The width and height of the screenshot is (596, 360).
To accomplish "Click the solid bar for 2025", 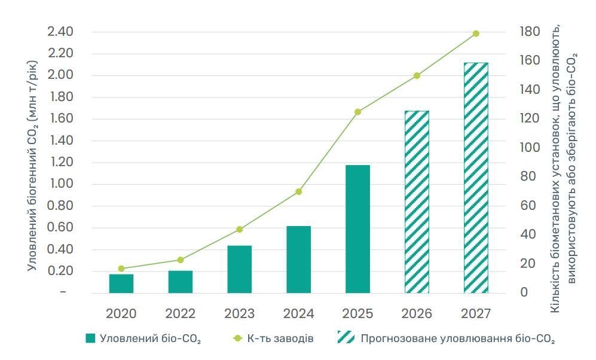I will click(x=357, y=229).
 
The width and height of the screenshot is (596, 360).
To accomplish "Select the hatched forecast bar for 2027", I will click(x=476, y=178).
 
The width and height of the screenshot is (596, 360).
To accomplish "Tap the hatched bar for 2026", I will click(x=417, y=202).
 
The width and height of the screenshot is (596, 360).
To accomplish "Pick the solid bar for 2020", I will click(x=121, y=283).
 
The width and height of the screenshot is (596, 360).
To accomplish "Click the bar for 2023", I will click(x=239, y=269).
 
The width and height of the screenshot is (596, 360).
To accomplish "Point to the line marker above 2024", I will click(x=298, y=192).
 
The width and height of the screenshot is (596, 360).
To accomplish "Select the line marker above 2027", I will click(x=476, y=33).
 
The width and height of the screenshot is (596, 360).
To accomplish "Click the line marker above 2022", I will click(x=181, y=260).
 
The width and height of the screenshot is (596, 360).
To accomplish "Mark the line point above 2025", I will click(x=357, y=112).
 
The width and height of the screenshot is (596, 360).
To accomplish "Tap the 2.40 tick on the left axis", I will click(x=60, y=32).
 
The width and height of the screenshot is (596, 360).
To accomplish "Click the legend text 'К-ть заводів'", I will click(x=280, y=339).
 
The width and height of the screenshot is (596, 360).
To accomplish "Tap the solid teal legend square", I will click(x=90, y=339).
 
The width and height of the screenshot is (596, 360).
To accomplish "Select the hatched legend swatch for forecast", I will click(x=346, y=339).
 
